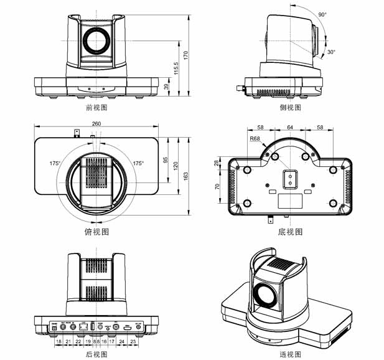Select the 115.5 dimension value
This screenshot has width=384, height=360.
point(176,69)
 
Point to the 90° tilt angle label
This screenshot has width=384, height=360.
point(322,14)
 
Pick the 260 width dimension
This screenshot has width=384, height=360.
point(96,124)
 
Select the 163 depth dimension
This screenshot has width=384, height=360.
point(187,176)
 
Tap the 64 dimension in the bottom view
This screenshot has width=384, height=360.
point(290,127)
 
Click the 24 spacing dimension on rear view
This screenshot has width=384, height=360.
point(122,342)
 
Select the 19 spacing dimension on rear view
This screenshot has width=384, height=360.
point(88,342)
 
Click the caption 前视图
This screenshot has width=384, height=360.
point(96,107)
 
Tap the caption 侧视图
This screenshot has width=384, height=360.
point(290,107)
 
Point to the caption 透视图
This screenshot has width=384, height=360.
point(290,354)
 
